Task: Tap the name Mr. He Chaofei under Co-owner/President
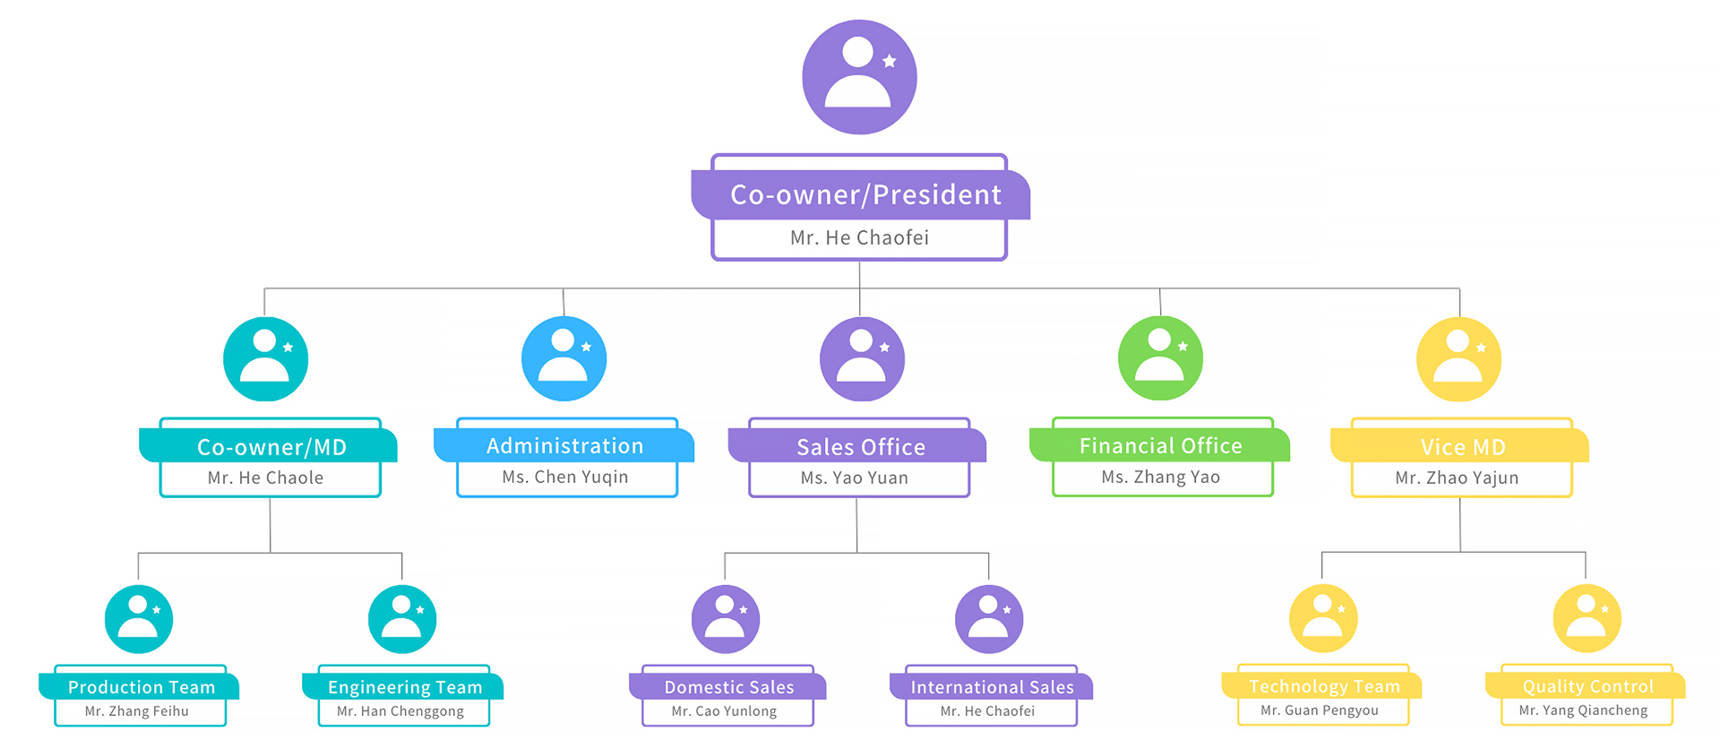[859, 237]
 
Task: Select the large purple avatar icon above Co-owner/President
[859, 77]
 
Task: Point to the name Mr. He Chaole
[265, 478]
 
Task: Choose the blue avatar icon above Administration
[563, 358]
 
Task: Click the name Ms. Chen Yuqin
[565, 477]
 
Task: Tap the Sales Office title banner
[860, 446]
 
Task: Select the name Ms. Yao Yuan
[855, 478]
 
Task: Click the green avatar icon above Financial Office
[1160, 358]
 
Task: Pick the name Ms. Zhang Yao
[1160, 477]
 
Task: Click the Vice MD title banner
[1462, 446]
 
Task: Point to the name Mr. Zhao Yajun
[1457, 478]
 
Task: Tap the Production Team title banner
[142, 687]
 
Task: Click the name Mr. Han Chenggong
[400, 711]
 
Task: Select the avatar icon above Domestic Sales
[726, 619]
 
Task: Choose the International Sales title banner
[992, 687]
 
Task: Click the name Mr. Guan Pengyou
[1320, 711]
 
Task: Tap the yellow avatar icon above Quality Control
[1587, 618]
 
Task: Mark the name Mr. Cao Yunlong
[724, 711]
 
